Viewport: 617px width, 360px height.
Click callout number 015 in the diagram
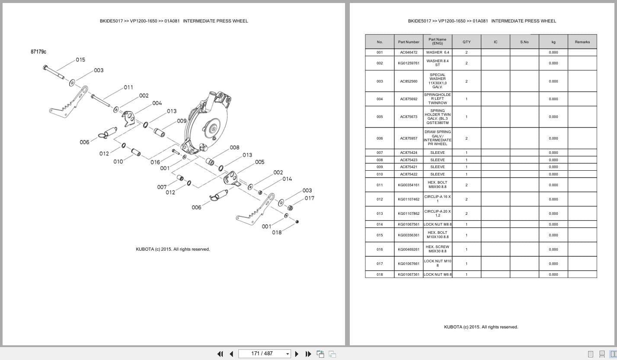80,60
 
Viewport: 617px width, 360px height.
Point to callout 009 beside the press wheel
182,121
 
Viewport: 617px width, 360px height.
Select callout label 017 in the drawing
309,198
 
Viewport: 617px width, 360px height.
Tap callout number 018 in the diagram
277,232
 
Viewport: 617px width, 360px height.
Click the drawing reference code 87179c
38,51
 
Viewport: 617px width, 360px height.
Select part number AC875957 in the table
409,138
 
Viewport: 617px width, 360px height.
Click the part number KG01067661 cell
409,264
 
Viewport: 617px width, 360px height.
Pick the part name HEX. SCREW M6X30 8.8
438,249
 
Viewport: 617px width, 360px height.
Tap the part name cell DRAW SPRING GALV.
438,138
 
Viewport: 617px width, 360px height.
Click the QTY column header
467,42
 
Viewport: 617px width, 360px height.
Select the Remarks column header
582,42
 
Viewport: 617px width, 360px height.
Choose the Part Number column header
409,42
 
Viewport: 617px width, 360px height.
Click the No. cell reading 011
380,185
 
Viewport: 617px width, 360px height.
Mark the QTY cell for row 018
467,274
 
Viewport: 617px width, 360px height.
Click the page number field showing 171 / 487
262,354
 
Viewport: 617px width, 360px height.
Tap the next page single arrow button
297,354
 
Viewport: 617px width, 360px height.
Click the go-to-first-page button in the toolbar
220,354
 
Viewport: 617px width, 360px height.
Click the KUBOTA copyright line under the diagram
173,249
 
